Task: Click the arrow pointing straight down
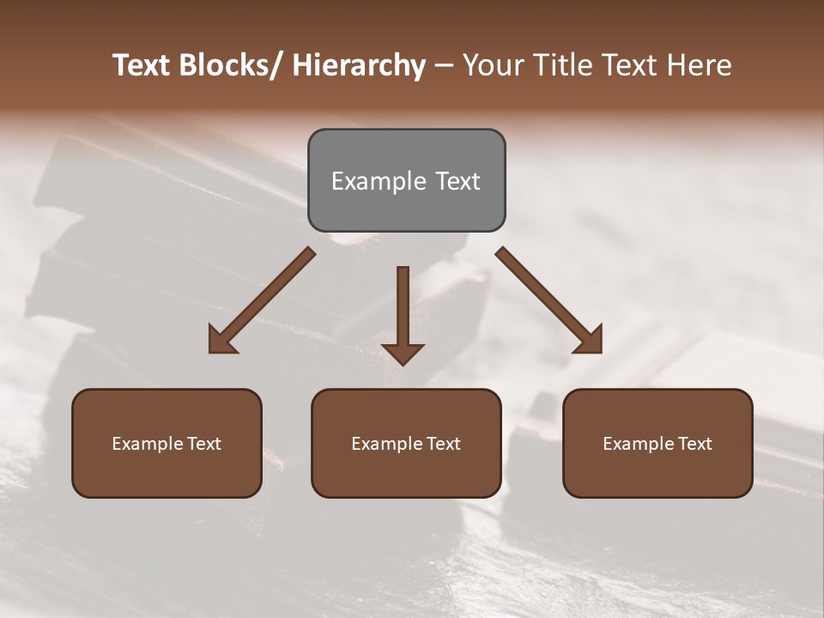[403, 313]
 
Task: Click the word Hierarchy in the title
[359, 65]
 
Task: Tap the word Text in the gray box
[457, 181]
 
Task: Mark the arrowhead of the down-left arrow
[221, 341]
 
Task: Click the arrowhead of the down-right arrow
[590, 341]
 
